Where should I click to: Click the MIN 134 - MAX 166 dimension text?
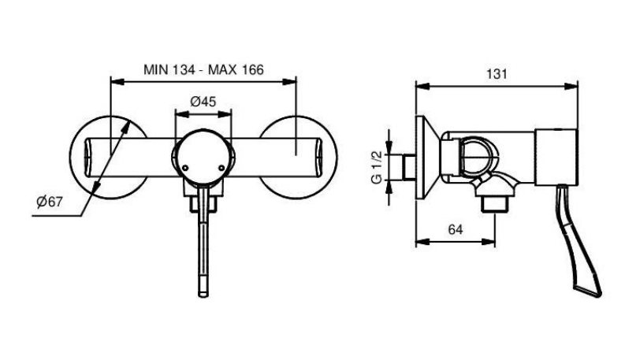pyautogui.click(x=203, y=69)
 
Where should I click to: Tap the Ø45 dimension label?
pyautogui.click(x=203, y=102)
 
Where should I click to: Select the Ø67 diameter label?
pyautogui.click(x=50, y=202)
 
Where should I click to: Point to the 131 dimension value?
pyautogui.click(x=497, y=74)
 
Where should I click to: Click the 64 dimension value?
pyautogui.click(x=456, y=230)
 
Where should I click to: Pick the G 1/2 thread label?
pyautogui.click(x=377, y=167)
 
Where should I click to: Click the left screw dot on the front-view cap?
pyautogui.click(x=185, y=168)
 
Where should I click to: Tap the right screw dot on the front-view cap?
pyautogui.click(x=222, y=168)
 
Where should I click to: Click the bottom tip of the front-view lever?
pyautogui.click(x=203, y=296)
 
